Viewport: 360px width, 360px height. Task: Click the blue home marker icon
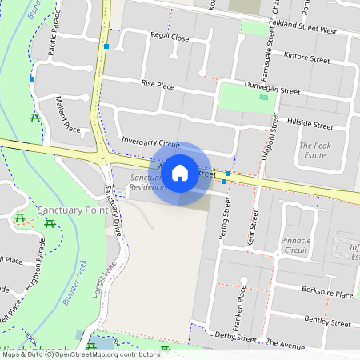coord(180,172)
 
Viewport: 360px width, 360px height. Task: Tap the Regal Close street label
coord(170,38)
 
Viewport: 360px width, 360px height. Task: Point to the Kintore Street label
coord(306,58)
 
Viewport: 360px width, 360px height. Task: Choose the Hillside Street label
coord(311,126)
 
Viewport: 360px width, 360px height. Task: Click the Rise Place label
coord(158,84)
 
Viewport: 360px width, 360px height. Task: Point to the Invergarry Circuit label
coord(150,140)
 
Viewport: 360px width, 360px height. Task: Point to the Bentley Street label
coord(328,322)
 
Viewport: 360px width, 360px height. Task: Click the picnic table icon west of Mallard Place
coord(34,118)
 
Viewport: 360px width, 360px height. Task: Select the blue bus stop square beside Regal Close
coord(106,46)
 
